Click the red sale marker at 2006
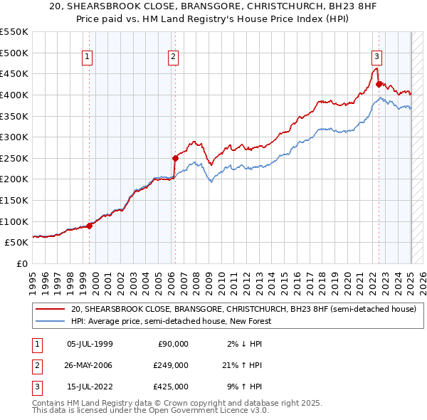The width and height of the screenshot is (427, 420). (175, 158)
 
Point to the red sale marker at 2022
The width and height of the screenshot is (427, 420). (379, 83)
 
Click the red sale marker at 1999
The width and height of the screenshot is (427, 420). (90, 226)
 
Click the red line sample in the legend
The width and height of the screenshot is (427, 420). (51, 310)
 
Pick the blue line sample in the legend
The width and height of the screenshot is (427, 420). (51, 322)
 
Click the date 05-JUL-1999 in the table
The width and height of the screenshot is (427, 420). (89, 344)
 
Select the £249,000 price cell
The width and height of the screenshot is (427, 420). (172, 365)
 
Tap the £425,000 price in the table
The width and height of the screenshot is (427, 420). (172, 387)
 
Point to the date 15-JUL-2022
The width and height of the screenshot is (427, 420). (89, 387)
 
